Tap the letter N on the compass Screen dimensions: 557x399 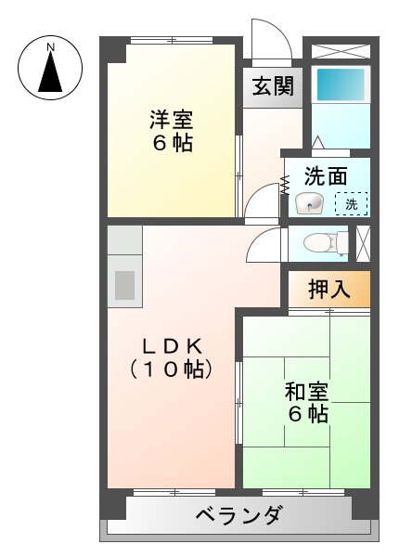[x=51, y=45]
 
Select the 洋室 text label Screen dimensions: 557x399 [x=172, y=122]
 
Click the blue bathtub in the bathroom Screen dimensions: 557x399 [x=340, y=85]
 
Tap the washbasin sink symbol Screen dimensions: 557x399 [x=308, y=203]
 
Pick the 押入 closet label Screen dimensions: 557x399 [x=329, y=289]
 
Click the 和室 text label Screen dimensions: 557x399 [x=306, y=391]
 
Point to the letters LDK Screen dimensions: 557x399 [x=172, y=346]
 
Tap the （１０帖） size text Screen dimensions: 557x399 [x=172, y=369]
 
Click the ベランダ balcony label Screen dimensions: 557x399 [x=239, y=516]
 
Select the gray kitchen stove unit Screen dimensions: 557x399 [x=123, y=286]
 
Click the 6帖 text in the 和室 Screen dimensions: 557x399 [x=307, y=414]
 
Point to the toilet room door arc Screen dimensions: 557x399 [x=264, y=245]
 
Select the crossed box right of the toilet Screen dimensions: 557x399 [x=364, y=242]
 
